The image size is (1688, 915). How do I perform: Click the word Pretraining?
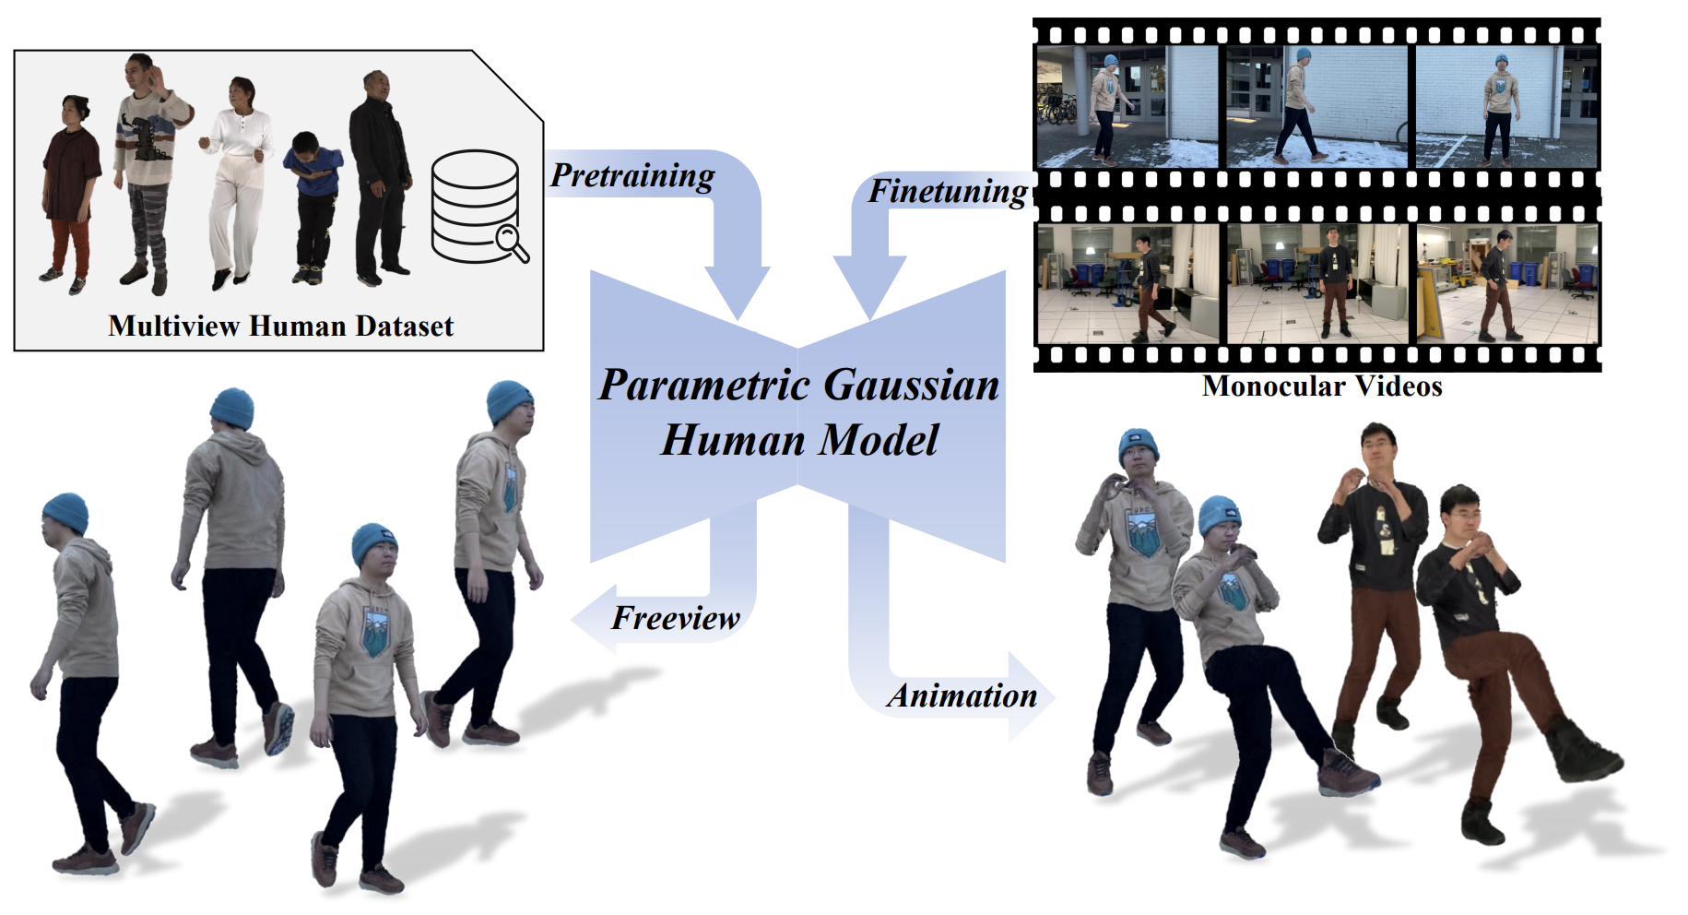coord(632,175)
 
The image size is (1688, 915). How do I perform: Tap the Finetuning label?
coord(948,191)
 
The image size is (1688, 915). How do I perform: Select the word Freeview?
coord(676,618)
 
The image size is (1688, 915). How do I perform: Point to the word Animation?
coord(962,695)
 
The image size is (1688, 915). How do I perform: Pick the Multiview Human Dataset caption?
coord(280,326)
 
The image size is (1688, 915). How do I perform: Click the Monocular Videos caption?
coord(1322,386)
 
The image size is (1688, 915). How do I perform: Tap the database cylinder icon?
coord(476,206)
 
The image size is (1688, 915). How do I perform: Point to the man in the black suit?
coord(379,176)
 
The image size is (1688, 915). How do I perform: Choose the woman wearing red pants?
coord(70,194)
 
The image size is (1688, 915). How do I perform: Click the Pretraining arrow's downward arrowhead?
coord(738,291)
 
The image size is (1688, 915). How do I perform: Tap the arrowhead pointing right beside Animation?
coord(1031,697)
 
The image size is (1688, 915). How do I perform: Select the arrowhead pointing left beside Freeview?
coord(595,619)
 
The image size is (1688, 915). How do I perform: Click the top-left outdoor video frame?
coord(1128,107)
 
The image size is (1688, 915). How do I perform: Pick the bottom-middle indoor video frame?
coord(1318,283)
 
